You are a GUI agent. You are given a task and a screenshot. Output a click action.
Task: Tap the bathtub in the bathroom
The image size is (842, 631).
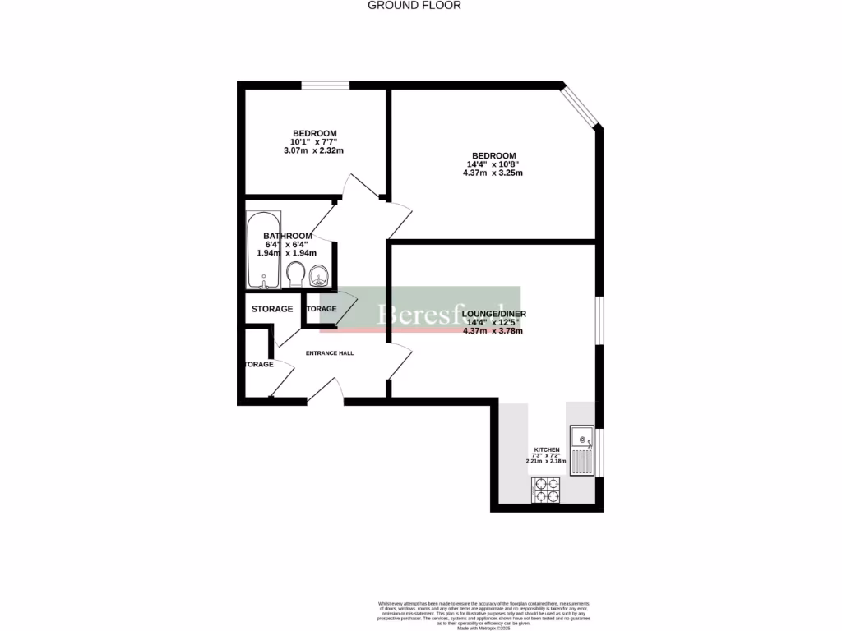click(x=263, y=251)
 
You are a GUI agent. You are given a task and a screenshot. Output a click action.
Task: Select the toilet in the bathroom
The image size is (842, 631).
click(x=295, y=274)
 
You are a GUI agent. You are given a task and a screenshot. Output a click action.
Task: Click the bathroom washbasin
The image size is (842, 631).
click(x=320, y=275)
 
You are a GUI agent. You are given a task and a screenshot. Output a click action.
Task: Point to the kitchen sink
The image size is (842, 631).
click(x=581, y=450)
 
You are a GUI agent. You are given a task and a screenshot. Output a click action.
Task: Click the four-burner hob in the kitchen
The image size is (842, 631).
click(x=547, y=491)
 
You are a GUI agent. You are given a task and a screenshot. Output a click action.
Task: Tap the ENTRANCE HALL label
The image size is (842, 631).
click(x=330, y=353)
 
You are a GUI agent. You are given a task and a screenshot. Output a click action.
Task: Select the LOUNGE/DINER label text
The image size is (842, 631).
click(x=493, y=314)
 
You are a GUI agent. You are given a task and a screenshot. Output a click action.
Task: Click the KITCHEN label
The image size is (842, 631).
click(x=547, y=450)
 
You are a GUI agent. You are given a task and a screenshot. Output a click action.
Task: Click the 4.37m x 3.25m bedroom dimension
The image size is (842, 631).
click(x=493, y=173)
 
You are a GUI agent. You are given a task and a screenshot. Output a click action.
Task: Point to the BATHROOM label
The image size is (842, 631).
click(x=288, y=236)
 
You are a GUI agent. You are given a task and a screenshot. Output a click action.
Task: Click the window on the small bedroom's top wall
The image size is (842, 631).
click(x=325, y=85)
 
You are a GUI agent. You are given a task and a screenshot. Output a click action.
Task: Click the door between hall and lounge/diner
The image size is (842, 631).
click(x=399, y=362)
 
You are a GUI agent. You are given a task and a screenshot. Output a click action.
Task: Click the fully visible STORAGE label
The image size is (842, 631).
click(x=272, y=309)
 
